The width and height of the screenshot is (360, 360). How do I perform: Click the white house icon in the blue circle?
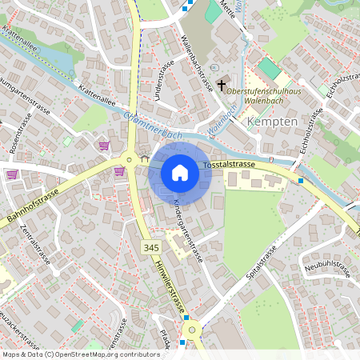tap(180, 173)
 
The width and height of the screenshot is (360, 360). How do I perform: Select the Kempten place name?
tap(274, 122)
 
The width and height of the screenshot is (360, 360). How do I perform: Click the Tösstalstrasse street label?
tap(229, 164)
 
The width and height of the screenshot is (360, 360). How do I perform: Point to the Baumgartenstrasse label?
tap(24, 93)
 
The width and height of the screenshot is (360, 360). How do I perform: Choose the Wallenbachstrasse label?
tap(196, 62)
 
